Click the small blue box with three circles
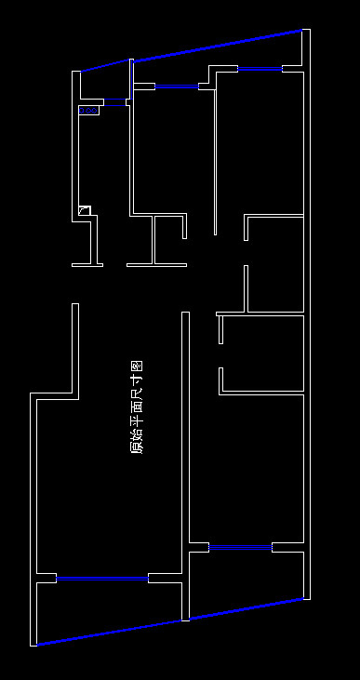[x=88, y=111]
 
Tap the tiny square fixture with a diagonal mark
[x=84, y=210]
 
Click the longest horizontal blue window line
[x=102, y=578]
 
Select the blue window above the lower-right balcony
[x=240, y=548]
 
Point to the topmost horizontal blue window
[x=260, y=69]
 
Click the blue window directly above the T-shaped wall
[x=176, y=87]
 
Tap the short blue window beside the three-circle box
[x=114, y=100]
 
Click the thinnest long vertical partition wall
[x=215, y=158]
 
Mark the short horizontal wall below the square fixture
[x=87, y=265]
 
